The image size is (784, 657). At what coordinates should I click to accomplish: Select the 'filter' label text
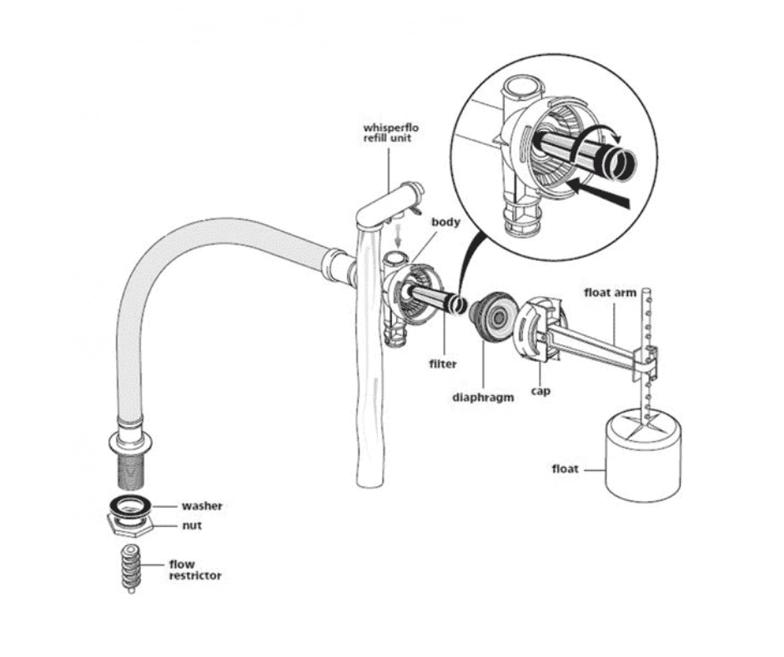(443, 364)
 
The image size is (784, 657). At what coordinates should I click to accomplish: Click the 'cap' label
(540, 390)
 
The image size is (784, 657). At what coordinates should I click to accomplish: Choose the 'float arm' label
(615, 293)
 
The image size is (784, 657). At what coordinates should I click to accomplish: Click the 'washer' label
(202, 506)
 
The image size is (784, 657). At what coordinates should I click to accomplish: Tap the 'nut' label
(192, 526)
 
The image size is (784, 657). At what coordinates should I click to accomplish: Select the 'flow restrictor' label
(195, 570)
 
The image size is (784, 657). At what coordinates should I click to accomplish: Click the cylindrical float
(641, 459)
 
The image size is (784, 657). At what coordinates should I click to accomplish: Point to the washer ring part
(132, 504)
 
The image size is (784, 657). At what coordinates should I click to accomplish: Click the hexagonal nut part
(132, 525)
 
